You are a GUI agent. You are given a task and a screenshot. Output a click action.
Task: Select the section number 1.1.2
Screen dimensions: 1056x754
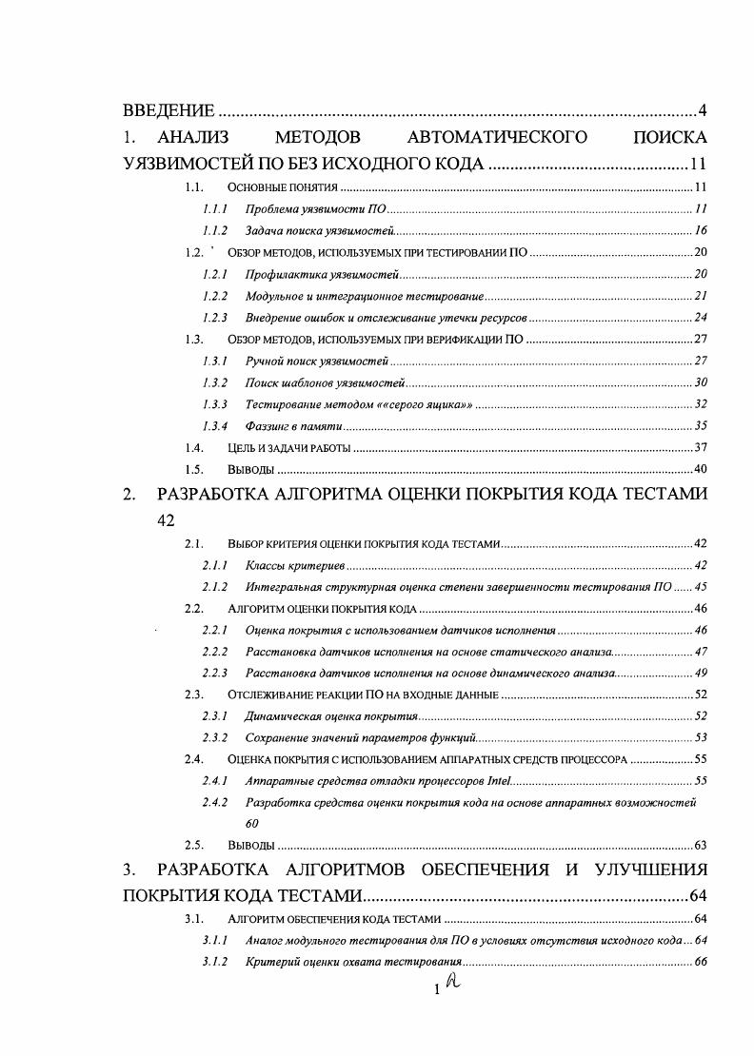[x=214, y=230]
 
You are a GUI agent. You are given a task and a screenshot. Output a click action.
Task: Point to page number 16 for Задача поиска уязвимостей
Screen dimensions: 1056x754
[x=700, y=230]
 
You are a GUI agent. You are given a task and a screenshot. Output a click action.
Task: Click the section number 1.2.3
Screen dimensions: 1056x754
[x=214, y=318]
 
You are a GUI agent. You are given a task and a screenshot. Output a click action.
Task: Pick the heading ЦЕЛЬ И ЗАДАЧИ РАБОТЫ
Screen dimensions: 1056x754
[x=289, y=447]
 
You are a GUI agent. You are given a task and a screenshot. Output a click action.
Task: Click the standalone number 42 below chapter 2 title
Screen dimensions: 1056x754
[x=168, y=520]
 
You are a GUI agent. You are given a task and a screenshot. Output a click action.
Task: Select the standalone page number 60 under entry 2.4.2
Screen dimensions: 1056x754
[x=252, y=823]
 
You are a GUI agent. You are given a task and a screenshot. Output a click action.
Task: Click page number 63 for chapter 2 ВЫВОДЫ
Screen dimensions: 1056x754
[x=700, y=845]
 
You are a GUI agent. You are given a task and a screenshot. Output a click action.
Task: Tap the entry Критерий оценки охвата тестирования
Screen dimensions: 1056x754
[x=353, y=962]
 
